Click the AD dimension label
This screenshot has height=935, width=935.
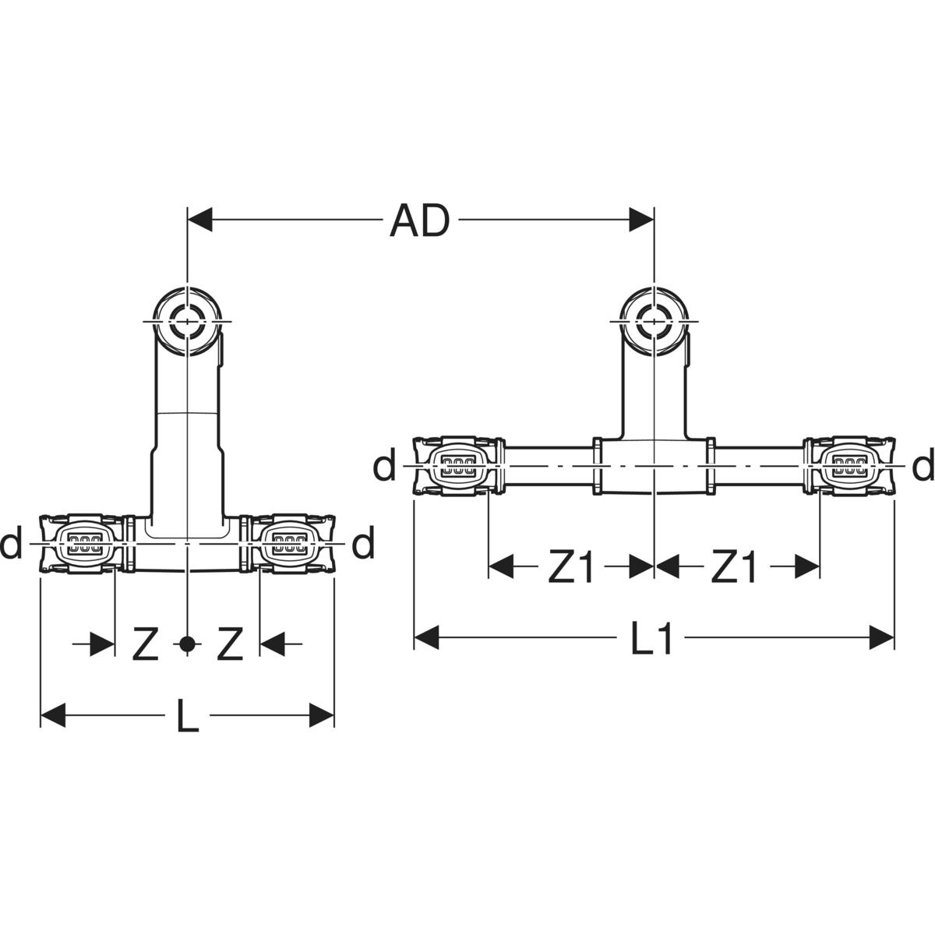coord(420,221)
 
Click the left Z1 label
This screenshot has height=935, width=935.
coord(570,569)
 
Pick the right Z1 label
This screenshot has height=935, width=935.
coord(733,569)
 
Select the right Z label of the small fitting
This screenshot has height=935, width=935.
coord(229,645)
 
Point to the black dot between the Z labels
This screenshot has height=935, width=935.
coord(186,644)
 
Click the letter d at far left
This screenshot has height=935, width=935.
coord(11,544)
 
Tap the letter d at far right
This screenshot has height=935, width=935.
coord(923,466)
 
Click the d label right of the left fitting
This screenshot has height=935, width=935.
coord(363,544)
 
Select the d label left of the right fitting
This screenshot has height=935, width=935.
coord(384,466)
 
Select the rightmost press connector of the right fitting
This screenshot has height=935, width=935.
coord(850,467)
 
